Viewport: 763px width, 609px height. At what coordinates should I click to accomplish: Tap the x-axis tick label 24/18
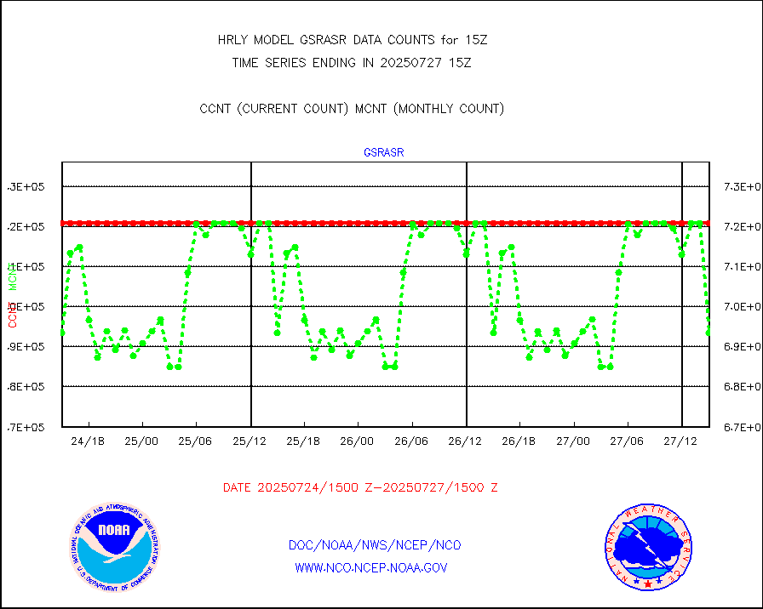coord(88,441)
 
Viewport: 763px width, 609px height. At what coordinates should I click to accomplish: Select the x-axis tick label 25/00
coord(141,441)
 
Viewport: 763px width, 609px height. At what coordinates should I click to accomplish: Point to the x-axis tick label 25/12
coord(250,441)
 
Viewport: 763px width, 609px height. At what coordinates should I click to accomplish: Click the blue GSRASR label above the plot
coord(383,153)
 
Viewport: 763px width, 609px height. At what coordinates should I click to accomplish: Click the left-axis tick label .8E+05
coord(26,386)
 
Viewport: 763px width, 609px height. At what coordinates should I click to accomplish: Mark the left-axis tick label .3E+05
coord(26,186)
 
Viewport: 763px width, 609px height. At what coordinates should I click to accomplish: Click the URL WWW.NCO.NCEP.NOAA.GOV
coord(370,567)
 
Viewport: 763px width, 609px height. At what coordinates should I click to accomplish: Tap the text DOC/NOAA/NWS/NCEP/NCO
coord(375,545)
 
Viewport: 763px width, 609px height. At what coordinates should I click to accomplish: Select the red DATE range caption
coord(360,487)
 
